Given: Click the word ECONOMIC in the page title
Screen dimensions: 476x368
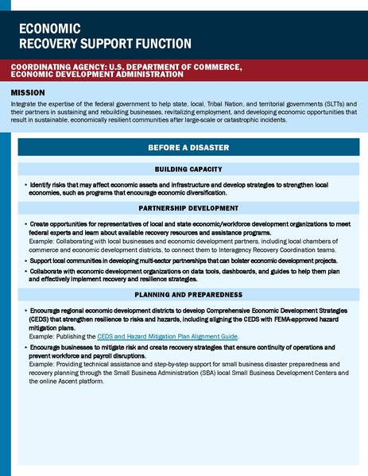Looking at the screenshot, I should coord(48,28).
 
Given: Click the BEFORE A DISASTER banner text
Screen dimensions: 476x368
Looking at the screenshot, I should coord(188,148).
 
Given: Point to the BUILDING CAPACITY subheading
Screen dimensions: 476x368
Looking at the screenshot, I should coord(188,169).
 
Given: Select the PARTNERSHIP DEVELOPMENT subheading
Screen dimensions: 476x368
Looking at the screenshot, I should coord(188,208).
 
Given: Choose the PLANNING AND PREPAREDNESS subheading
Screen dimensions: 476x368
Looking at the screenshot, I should coord(188,294).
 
